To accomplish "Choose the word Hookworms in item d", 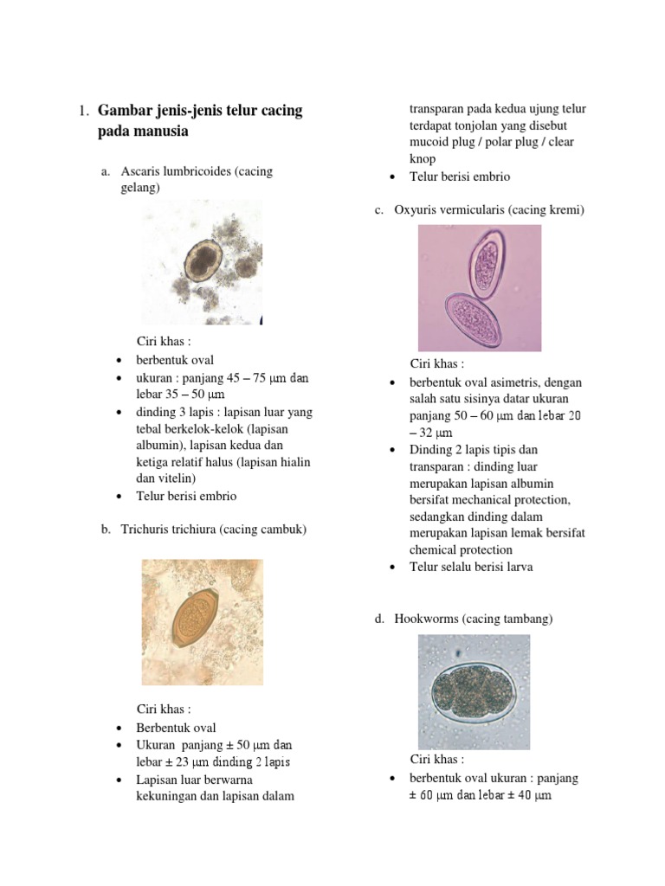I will [x=428, y=619].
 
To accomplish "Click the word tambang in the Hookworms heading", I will [x=529, y=619].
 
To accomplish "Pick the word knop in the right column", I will [x=423, y=159].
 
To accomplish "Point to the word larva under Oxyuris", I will [x=517, y=567].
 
